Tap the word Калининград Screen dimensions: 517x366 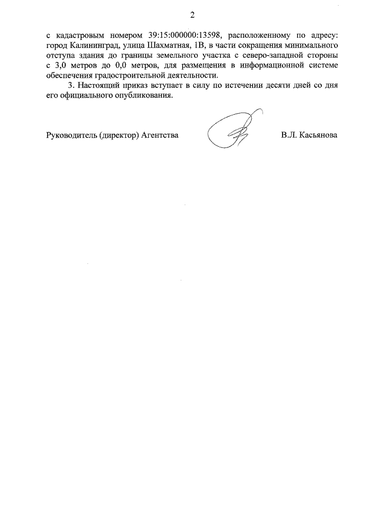tap(93, 45)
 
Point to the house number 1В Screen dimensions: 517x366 tap(201, 45)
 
